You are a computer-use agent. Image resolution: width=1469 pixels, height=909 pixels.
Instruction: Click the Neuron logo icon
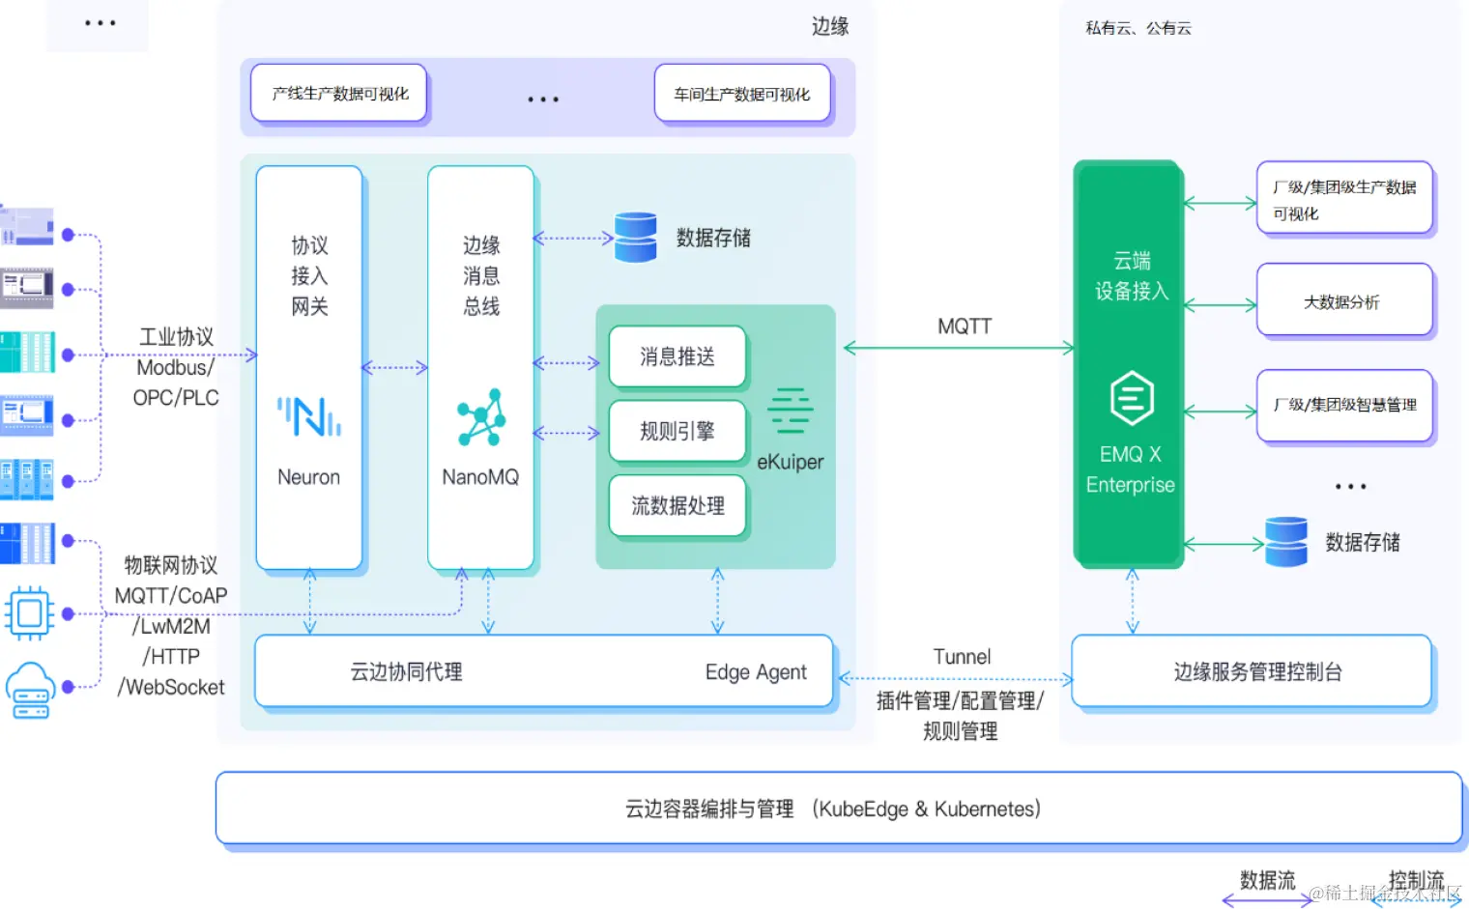coord(309,416)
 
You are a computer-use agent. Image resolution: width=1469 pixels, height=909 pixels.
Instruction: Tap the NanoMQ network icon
coord(481,417)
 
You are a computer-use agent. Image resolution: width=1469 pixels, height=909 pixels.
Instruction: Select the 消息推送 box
coord(677,356)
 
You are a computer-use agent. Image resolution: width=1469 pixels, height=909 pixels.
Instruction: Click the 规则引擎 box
coord(677,431)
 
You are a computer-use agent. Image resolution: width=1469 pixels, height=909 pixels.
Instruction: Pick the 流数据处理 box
coord(677,505)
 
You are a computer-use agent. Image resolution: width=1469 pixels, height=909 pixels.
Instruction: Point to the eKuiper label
coord(790,462)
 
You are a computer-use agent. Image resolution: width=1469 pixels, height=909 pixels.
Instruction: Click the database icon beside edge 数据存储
coord(636,238)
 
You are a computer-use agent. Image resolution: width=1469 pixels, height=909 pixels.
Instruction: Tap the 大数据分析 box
coord(1343,301)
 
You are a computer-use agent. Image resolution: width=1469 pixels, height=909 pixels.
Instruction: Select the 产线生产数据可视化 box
coord(339,94)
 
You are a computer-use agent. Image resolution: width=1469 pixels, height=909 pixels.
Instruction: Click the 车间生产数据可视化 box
coord(741,94)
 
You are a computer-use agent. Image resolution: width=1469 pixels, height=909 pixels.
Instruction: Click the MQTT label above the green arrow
coord(964,327)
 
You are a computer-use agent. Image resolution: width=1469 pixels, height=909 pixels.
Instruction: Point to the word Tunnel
coord(962,657)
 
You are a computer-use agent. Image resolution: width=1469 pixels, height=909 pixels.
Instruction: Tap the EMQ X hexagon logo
coord(1132,398)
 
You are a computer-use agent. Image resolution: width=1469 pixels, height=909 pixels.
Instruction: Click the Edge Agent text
coord(755,672)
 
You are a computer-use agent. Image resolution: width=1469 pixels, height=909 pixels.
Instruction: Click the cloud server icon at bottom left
coord(30,690)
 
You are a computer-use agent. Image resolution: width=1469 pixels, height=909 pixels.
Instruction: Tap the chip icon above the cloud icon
coord(30,612)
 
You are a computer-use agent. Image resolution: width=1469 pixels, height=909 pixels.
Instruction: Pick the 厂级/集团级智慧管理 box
coord(1343,406)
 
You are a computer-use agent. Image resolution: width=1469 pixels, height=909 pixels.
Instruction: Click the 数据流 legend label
coord(1266,880)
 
